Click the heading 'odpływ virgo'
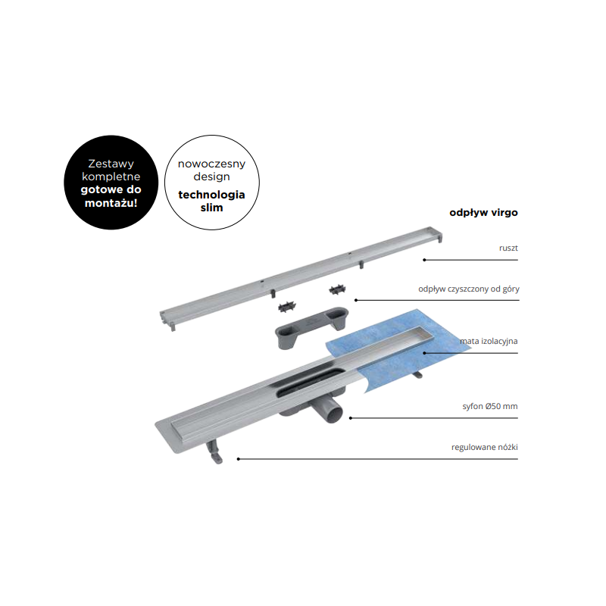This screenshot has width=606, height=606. pyautogui.click(x=483, y=213)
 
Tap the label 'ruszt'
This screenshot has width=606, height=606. pyautogui.click(x=508, y=248)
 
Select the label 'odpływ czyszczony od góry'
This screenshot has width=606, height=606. pyautogui.click(x=469, y=289)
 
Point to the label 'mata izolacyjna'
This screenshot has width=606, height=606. pyautogui.click(x=489, y=342)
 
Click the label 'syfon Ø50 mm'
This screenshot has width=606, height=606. pyautogui.click(x=490, y=406)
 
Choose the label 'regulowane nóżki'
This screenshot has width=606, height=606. pyautogui.click(x=485, y=447)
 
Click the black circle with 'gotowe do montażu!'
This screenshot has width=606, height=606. pyautogui.click(x=111, y=183)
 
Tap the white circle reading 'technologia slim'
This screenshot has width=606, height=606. pyautogui.click(x=212, y=183)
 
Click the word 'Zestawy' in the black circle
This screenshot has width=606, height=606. pyautogui.click(x=111, y=164)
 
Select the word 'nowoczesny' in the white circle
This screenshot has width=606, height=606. pyautogui.click(x=212, y=164)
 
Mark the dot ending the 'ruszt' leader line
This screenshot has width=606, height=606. pyautogui.click(x=424, y=260)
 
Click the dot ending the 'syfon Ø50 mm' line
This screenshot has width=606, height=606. pyautogui.click(x=351, y=418)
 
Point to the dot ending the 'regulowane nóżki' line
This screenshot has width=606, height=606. pyautogui.click(x=239, y=459)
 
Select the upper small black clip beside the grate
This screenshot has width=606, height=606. pyautogui.click(x=337, y=289)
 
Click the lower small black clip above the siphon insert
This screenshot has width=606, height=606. pyautogui.click(x=287, y=308)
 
